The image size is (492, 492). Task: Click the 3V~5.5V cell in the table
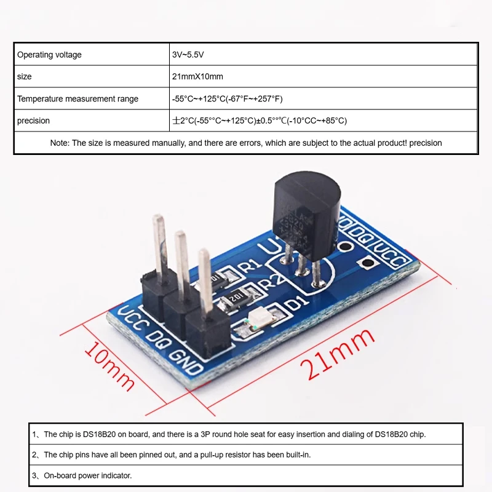click(x=188, y=55)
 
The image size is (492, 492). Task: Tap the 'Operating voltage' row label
click(x=49, y=55)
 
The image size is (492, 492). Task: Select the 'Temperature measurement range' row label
click(x=77, y=99)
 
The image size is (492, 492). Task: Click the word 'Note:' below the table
click(x=60, y=143)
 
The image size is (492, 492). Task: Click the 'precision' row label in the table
click(x=33, y=121)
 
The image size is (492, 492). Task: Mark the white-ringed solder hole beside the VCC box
click(x=369, y=263)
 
